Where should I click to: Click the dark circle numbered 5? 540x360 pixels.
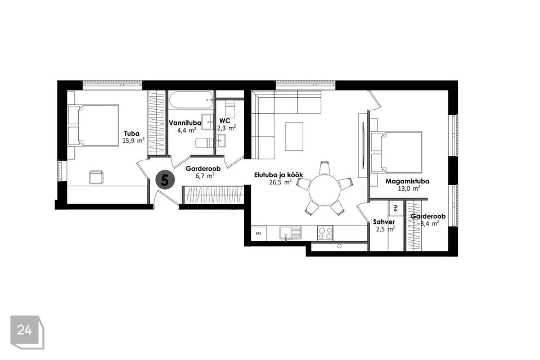(165, 179)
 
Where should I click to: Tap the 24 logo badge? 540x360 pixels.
(27, 332)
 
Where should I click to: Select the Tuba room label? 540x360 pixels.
(132, 134)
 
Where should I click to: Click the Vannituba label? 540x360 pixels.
(185, 123)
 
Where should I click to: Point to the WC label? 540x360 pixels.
(224, 121)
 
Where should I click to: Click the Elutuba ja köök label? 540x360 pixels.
(278, 175)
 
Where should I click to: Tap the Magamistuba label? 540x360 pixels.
(407, 181)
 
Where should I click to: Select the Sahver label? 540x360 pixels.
(384, 222)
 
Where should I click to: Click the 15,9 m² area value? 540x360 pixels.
(133, 141)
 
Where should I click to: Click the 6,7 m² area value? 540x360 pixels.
(205, 175)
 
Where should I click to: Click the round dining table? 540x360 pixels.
(325, 190)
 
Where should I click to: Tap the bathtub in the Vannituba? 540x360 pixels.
(191, 100)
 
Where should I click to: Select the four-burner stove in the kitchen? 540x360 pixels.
(325, 233)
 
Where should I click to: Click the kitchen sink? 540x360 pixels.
(290, 233)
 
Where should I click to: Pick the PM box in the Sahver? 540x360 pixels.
(395, 208)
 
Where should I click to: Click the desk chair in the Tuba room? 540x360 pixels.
(96, 177)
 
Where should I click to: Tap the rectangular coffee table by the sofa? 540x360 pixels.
(294, 137)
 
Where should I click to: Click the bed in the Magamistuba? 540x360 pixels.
(396, 151)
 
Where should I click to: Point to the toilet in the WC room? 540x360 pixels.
(229, 109)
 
